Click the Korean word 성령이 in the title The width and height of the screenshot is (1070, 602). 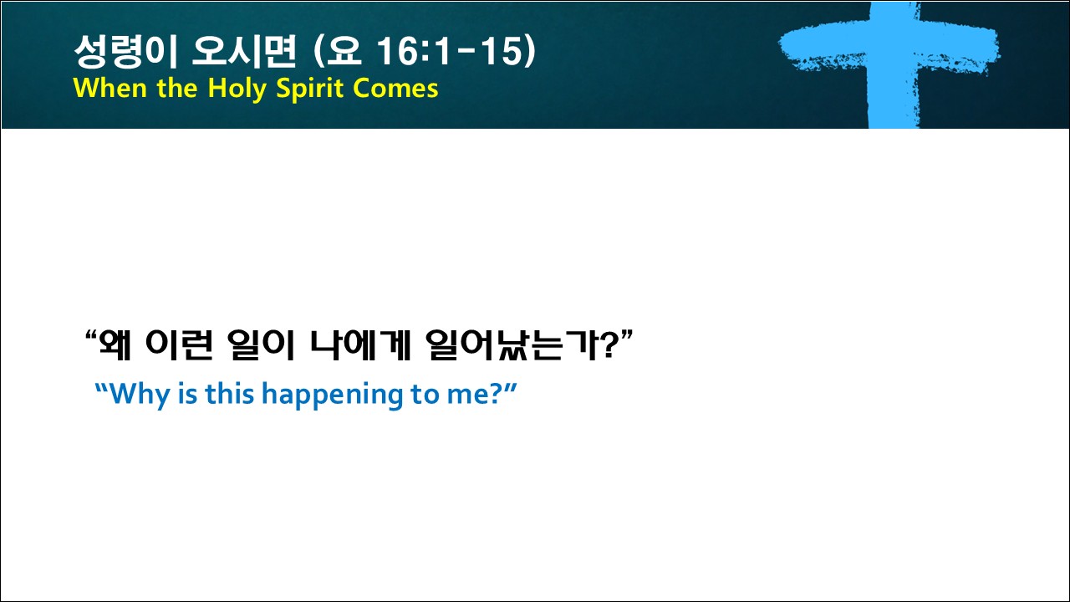pos(126,51)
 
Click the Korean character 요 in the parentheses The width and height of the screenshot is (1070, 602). pos(344,51)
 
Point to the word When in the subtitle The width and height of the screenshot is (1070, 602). pos(110,88)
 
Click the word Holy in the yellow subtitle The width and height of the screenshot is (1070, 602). pos(237,89)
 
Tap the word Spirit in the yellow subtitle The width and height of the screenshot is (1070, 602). pos(310,89)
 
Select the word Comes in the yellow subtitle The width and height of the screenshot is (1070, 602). pos(396,89)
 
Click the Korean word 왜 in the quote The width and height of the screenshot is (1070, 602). pos(115,344)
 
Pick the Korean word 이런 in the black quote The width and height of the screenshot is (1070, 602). pos(179,344)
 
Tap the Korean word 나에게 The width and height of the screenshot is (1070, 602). pos(360,344)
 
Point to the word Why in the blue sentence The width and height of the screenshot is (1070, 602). pos(140,395)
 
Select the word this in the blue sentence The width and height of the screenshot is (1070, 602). pos(229,394)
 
